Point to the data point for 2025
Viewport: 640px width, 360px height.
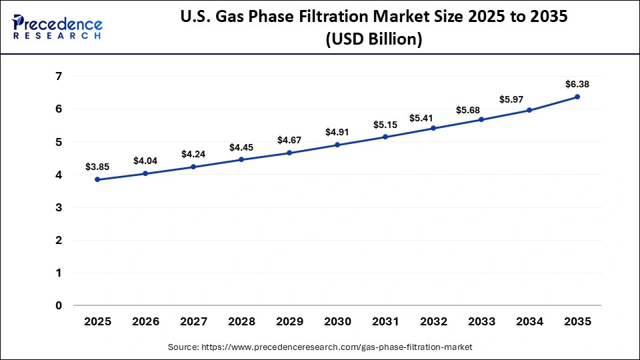click(x=97, y=179)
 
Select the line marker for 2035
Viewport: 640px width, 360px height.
click(x=577, y=97)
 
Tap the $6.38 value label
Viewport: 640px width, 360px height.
click(x=577, y=84)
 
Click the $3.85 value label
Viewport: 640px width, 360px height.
click(x=97, y=167)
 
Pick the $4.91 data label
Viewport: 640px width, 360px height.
click(x=337, y=132)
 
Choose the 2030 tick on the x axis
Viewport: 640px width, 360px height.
click(x=337, y=322)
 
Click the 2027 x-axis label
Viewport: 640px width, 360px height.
click(x=193, y=322)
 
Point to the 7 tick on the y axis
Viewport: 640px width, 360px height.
click(x=59, y=77)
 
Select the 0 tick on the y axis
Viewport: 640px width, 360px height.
click(x=59, y=306)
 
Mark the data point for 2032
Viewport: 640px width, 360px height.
click(x=433, y=128)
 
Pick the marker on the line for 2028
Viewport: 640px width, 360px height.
click(x=241, y=159)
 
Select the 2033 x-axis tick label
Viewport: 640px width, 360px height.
click(x=481, y=322)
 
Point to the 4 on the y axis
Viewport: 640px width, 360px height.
click(x=59, y=175)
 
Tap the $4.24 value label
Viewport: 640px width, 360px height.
click(x=193, y=154)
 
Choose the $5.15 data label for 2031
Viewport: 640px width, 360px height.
click(x=385, y=124)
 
